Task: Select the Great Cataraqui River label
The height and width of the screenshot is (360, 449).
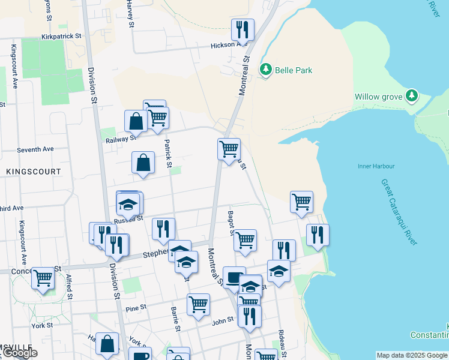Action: (x=399, y=211)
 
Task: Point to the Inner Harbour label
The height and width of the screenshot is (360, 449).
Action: (x=376, y=166)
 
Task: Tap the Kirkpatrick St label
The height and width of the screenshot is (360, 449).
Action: (x=62, y=37)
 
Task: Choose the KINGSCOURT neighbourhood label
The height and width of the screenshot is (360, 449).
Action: (x=34, y=172)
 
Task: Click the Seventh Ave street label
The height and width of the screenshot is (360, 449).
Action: (x=35, y=149)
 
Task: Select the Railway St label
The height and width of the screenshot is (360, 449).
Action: (x=121, y=139)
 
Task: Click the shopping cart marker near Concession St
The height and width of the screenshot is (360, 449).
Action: (x=43, y=278)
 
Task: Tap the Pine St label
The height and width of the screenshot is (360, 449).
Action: (x=136, y=308)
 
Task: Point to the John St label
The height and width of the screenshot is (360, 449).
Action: (x=223, y=322)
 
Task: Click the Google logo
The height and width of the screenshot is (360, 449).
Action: (x=20, y=353)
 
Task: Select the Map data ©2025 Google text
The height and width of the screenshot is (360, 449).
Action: (x=412, y=355)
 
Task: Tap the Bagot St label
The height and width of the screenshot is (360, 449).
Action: (x=231, y=223)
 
